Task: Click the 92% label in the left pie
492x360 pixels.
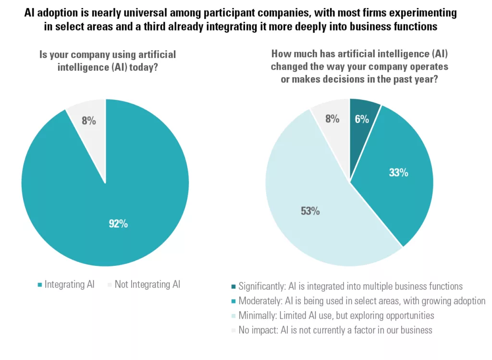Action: tap(118, 223)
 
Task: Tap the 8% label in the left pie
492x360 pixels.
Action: tap(88, 121)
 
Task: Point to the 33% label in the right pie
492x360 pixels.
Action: tap(398, 173)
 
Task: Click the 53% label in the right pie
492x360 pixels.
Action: tap(310, 211)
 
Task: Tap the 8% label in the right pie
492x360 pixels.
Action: tap(332, 119)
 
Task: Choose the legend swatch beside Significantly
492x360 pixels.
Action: tap(234, 287)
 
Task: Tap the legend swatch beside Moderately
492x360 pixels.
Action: tap(234, 301)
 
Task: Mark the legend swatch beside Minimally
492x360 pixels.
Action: tap(234, 316)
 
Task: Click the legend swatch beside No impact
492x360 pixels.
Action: tap(234, 330)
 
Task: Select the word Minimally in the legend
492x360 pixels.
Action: tap(258, 316)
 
